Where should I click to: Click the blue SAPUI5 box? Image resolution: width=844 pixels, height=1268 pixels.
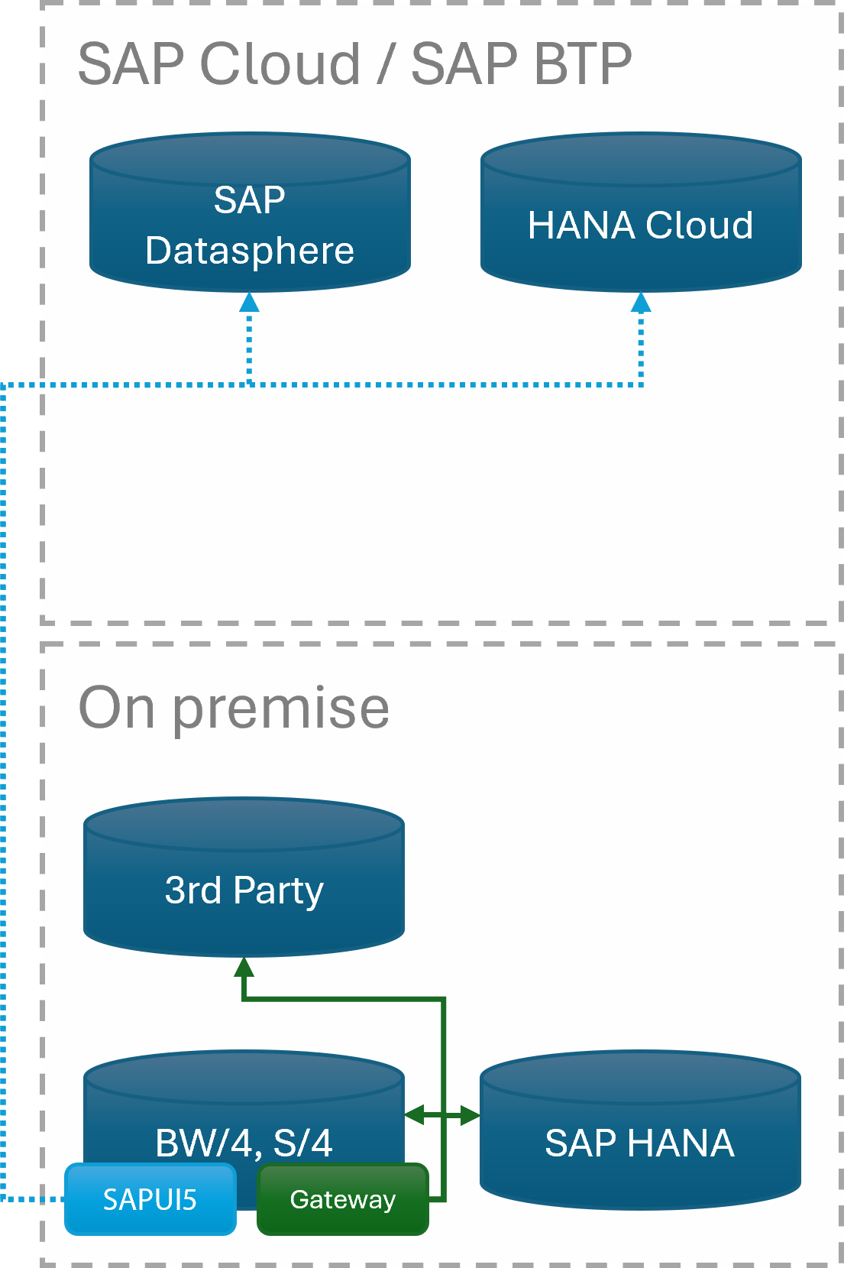tap(150, 1199)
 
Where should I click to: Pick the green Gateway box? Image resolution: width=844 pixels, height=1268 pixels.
tap(343, 1199)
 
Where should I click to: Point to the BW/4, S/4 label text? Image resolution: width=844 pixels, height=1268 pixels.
tap(244, 1143)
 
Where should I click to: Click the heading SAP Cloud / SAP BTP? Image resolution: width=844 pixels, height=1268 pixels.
tap(354, 63)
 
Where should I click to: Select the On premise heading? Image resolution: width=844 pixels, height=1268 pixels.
tap(234, 708)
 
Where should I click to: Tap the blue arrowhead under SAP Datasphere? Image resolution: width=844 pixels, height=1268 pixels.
tap(249, 303)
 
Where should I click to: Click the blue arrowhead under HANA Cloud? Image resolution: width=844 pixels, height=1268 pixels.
tap(641, 303)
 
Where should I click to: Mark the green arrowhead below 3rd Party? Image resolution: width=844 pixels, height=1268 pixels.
tap(244, 968)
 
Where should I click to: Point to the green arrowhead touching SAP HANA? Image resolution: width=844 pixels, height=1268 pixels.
tap(469, 1116)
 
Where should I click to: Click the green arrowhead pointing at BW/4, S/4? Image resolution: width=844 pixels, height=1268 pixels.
tap(415, 1116)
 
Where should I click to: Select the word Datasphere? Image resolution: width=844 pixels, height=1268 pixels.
tap(250, 251)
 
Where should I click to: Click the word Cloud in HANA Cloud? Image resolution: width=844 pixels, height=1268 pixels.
tap(699, 225)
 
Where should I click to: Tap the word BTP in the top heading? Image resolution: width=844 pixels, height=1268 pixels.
tap(584, 63)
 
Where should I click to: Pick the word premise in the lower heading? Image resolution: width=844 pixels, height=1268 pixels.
tap(281, 708)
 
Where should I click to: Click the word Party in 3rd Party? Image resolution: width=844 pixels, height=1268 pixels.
tap(278, 890)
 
